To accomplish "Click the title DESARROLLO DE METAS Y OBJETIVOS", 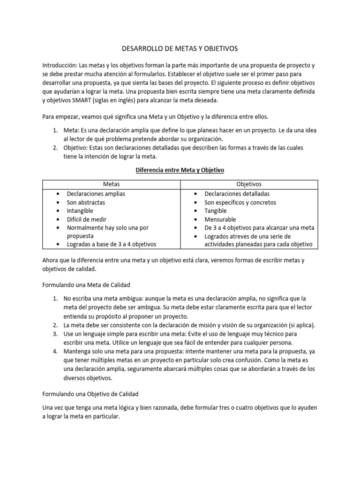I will [180, 48].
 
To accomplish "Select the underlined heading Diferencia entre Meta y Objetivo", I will [180, 170].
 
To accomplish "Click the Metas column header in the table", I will [111, 184].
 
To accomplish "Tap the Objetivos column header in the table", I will [249, 184].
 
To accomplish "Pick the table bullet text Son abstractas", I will [86, 202].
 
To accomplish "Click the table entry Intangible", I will [80, 211].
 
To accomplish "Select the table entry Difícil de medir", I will [86, 219].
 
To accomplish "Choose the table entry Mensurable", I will [220, 219].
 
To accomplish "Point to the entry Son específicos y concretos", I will [240, 202].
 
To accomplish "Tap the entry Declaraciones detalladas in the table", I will [237, 194].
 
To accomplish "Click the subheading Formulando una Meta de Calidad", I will [86, 285].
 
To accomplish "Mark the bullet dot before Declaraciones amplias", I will [57, 194].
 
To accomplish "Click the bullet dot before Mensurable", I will [195, 219].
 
